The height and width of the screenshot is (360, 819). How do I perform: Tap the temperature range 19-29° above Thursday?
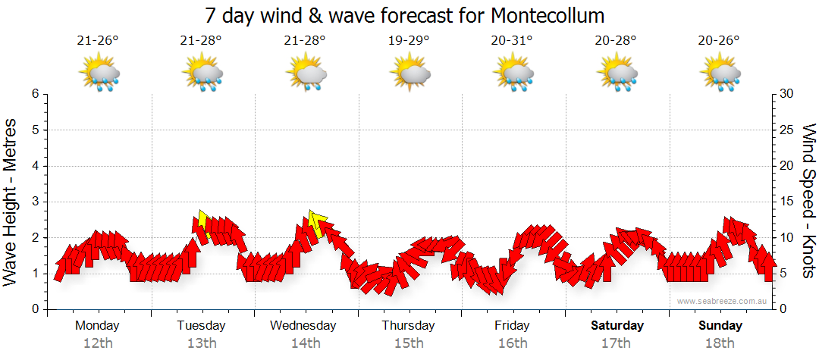click(409, 41)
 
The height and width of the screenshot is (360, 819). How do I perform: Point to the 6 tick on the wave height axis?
click(34, 94)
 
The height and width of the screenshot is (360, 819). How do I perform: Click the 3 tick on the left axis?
click(34, 202)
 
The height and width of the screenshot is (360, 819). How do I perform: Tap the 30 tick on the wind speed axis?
click(788, 94)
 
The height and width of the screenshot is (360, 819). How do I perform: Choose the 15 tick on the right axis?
click(788, 202)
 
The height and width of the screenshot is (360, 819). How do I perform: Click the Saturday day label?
click(617, 326)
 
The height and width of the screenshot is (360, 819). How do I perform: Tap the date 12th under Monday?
click(98, 343)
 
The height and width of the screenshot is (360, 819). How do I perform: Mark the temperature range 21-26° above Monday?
click(98, 41)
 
